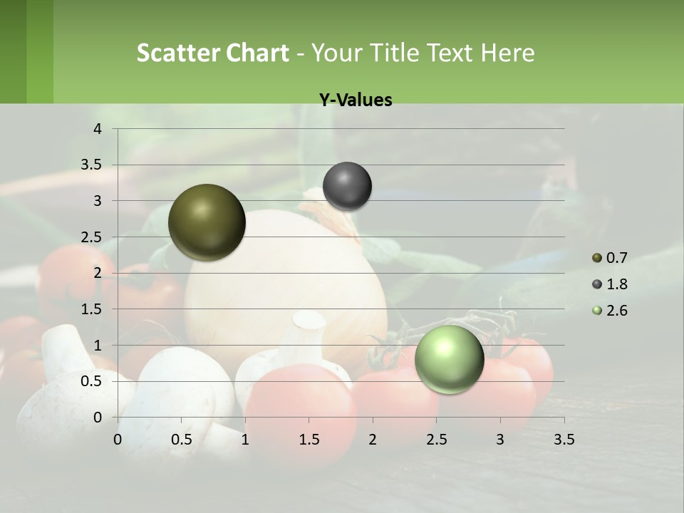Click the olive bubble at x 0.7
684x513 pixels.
[x=207, y=222]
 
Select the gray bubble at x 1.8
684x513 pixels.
[x=347, y=186]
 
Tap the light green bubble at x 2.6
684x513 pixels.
[x=450, y=359]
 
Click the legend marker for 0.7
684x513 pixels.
[x=597, y=257]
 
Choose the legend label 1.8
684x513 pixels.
[x=617, y=284]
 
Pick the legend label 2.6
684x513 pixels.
[x=617, y=311]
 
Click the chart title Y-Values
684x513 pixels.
[x=356, y=100]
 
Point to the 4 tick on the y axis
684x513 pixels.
[x=98, y=129]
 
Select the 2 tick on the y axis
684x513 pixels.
[x=98, y=273]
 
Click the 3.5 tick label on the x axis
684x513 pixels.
[x=564, y=440]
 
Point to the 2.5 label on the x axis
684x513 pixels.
[x=436, y=440]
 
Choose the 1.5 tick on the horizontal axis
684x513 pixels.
[x=309, y=440]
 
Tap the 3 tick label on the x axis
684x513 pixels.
[x=499, y=440]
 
